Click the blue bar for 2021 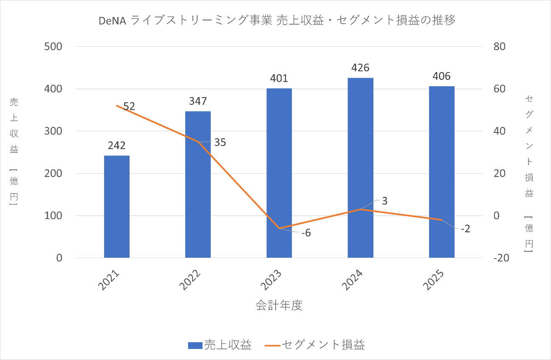(x=117, y=207)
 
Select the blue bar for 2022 (x=198, y=185)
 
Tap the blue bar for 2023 (x=279, y=173)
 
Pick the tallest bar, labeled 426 (x=360, y=168)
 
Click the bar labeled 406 (x=441, y=172)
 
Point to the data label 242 (x=117, y=146)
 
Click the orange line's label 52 (x=129, y=107)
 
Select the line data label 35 (x=220, y=142)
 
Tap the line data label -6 (x=306, y=233)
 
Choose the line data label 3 (x=384, y=201)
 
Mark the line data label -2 (x=465, y=229)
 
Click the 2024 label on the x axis (x=354, y=281)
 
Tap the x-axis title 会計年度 (x=279, y=306)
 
